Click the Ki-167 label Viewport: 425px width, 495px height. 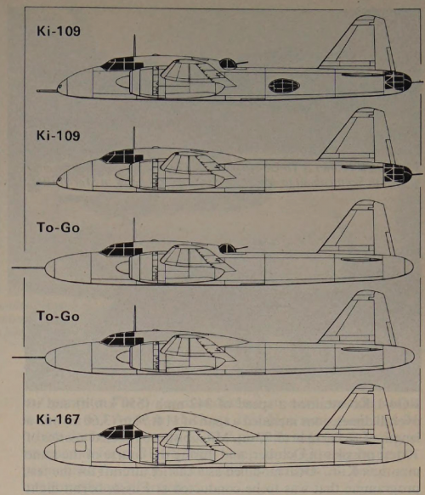[58, 419]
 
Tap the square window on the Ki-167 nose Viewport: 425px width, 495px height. [81, 447]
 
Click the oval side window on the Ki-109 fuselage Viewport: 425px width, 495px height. [284, 86]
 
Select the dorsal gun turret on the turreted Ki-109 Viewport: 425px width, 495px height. [228, 64]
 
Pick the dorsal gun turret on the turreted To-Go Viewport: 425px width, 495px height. [228, 249]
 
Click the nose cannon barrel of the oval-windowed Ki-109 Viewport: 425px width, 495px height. [48, 91]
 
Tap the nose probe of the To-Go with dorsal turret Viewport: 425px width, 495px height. [28, 267]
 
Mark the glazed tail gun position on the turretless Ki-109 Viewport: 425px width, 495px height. [398, 173]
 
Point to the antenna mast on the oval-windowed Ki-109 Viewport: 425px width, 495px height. [134, 46]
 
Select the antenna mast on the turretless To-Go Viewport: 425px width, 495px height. [135, 318]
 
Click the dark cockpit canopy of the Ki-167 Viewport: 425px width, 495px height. [118, 431]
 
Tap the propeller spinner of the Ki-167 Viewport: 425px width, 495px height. [122, 449]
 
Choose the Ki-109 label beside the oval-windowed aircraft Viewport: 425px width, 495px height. [59, 31]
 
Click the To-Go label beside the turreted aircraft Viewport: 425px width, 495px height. [58, 228]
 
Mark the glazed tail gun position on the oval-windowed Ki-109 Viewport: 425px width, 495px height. [398, 81]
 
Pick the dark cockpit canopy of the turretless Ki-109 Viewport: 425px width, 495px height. [122, 156]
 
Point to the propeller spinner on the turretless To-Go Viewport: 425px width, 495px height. [123, 357]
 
